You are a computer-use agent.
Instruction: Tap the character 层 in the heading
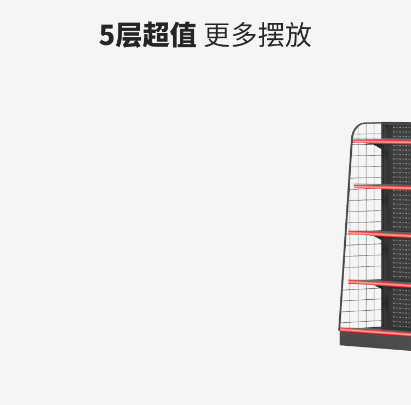(129, 36)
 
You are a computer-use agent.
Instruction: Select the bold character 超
(156, 36)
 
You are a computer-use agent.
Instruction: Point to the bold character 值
(182, 36)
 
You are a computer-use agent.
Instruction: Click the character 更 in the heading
(218, 36)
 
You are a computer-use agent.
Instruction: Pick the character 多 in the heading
(244, 36)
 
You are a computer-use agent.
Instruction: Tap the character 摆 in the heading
(271, 36)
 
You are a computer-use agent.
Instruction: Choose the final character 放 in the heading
(298, 36)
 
